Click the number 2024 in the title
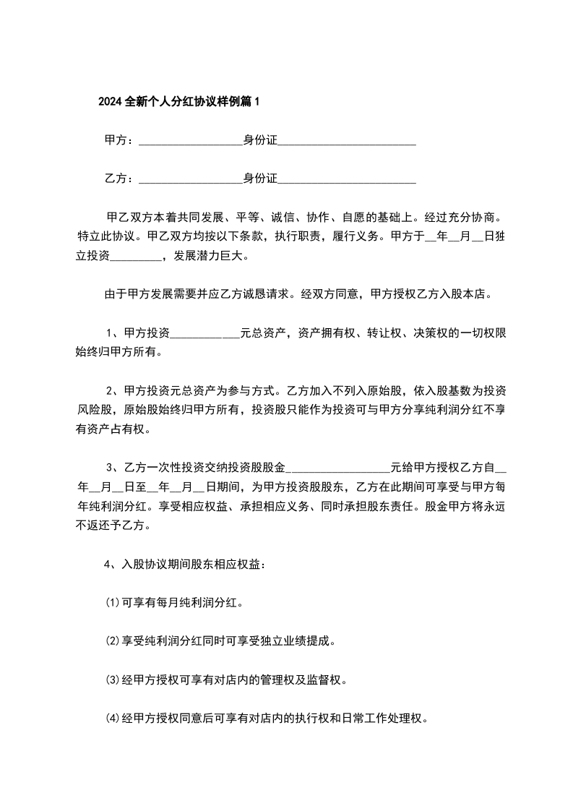coord(111,102)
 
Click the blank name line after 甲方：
coord(189,142)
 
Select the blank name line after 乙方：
coord(189,179)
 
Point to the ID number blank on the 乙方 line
coord(347,179)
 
